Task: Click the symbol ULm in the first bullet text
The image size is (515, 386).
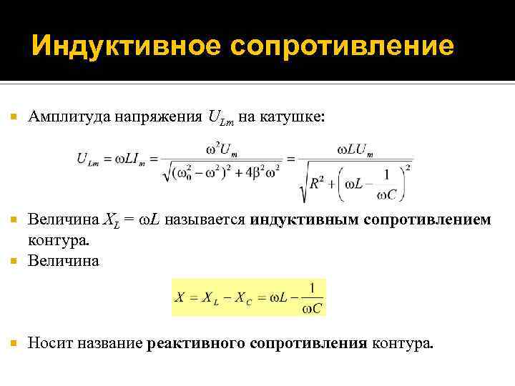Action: pos(221,117)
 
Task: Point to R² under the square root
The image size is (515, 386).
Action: pos(320,184)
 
